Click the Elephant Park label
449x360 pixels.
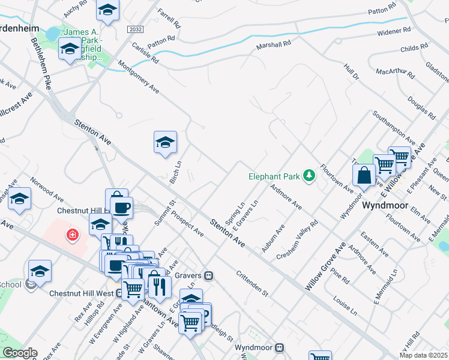click(x=276, y=176)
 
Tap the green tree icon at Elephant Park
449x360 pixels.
click(x=310, y=175)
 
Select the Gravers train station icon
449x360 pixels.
click(x=208, y=276)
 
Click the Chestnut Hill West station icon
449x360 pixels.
click(x=120, y=293)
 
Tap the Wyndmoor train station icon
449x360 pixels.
click(x=280, y=347)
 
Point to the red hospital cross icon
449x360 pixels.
click(x=73, y=234)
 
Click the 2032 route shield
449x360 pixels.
click(x=134, y=29)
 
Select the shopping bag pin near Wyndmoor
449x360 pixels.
click(x=364, y=175)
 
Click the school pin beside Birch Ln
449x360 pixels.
click(x=165, y=142)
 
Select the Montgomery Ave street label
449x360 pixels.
click(x=139, y=77)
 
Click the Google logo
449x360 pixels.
click(x=20, y=353)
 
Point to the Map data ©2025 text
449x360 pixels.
click(x=423, y=355)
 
